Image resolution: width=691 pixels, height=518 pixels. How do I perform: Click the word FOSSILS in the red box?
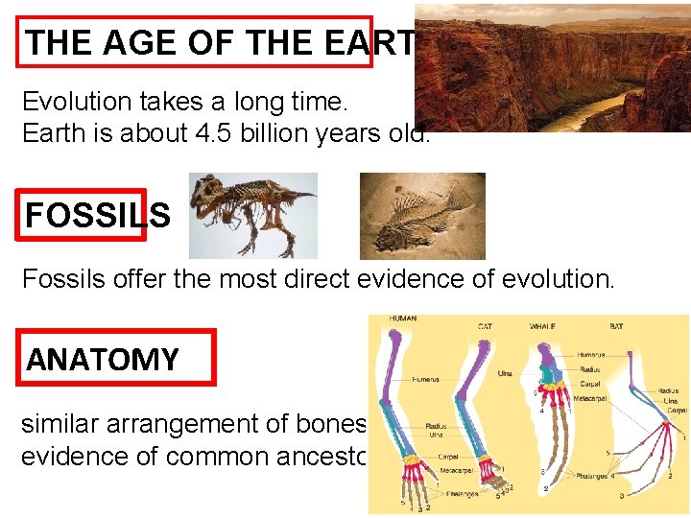[97, 215]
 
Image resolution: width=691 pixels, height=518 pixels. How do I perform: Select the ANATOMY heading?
[103, 360]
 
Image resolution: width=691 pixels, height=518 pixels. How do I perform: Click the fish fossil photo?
[422, 216]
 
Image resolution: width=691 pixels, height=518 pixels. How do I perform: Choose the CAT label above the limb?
[486, 327]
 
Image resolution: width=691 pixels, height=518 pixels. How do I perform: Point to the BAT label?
[616, 327]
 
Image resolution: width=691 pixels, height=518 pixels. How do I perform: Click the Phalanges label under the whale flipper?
[593, 475]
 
